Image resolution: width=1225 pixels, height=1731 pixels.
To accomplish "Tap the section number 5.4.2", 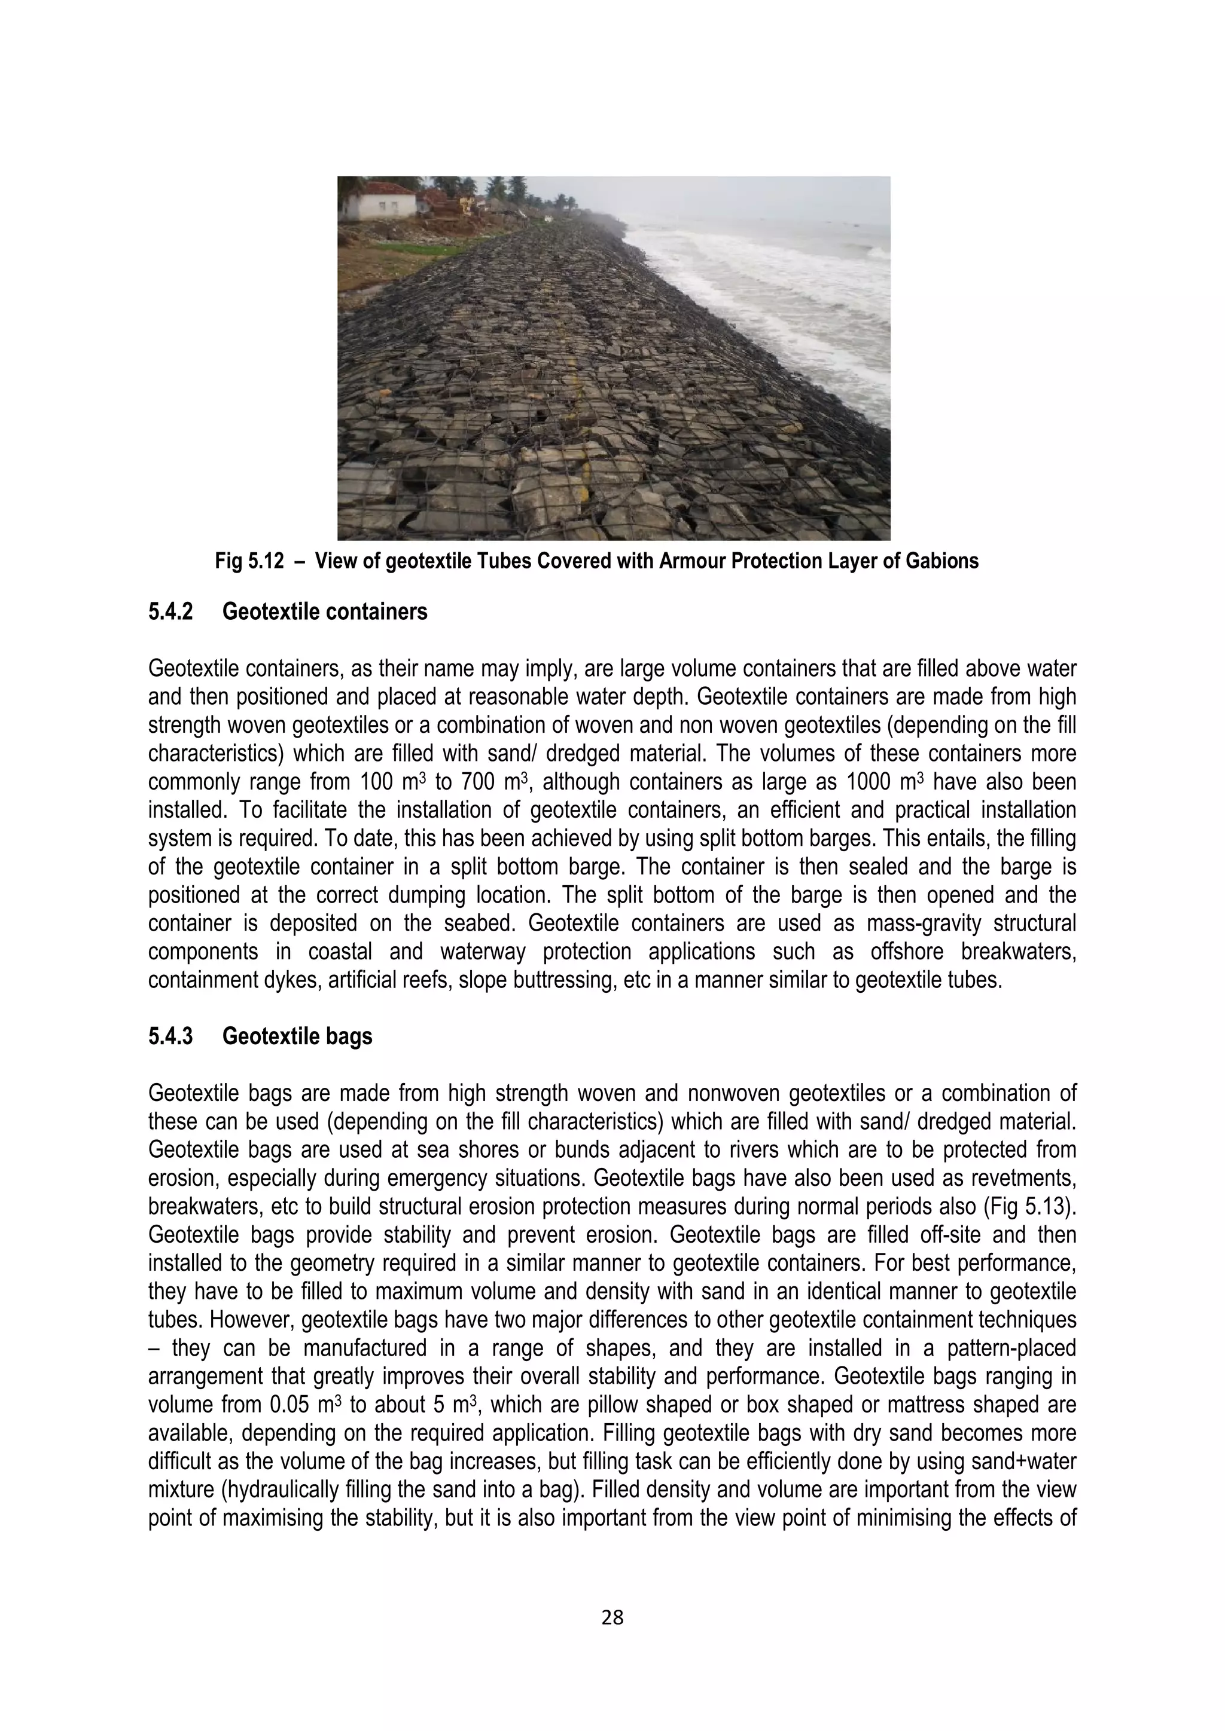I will click(x=170, y=611).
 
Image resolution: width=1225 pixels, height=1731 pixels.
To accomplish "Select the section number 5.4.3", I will click(x=170, y=1036).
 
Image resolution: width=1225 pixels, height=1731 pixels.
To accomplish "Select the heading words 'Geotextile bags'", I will click(x=297, y=1036).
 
